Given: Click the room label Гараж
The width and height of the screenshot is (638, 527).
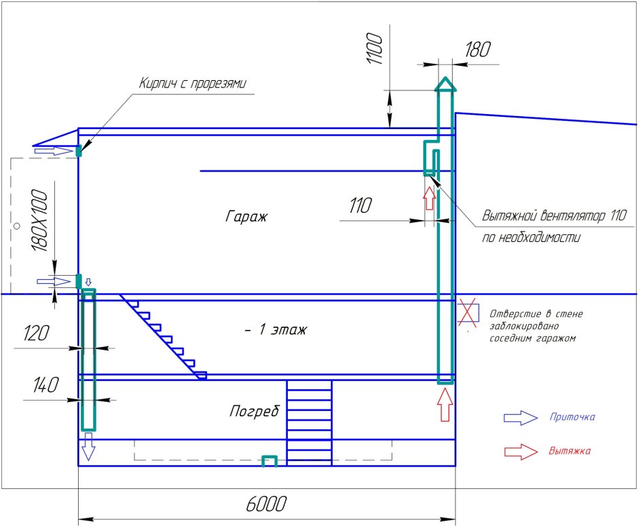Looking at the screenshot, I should point(247,217).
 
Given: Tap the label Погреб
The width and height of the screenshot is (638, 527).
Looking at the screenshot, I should point(255,412).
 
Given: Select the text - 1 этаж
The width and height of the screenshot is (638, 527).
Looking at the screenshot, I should point(276,330).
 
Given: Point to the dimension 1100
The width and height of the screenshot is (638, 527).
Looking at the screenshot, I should point(375,50).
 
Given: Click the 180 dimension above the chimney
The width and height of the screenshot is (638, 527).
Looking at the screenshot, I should point(478,49).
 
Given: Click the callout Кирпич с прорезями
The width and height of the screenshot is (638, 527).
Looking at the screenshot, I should point(192,84).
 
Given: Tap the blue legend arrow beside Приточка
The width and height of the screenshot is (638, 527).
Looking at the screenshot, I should point(520,418).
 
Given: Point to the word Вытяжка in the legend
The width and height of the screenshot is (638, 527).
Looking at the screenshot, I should point(569,451).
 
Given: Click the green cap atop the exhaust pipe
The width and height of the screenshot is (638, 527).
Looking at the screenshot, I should point(445,85).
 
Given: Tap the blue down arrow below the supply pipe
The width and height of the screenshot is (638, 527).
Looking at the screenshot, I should point(88,450).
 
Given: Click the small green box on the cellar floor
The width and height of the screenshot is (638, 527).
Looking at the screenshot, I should point(270,461).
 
